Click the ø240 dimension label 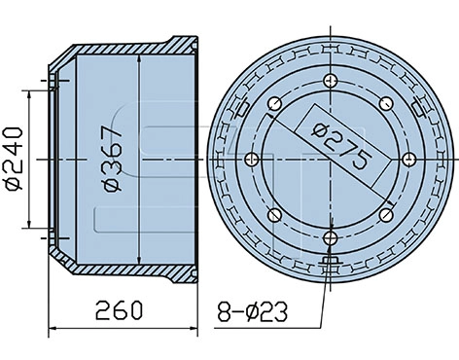(14, 159)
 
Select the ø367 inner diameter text (113, 159)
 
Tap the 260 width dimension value (119, 310)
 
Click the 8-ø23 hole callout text (253, 311)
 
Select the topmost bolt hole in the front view (331, 81)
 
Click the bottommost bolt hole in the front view (331, 239)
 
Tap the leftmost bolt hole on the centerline (251, 160)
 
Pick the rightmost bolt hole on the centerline (409, 160)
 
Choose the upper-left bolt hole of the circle (274, 104)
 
